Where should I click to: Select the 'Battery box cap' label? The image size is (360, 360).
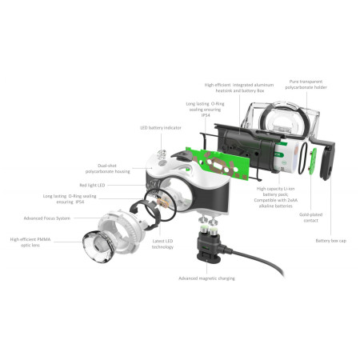[x=331, y=241]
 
